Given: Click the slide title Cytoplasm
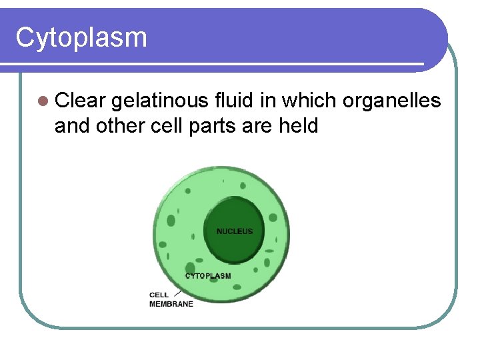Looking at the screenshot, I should (x=81, y=38).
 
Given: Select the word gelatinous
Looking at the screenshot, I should (x=160, y=101).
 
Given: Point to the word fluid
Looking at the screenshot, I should (x=231, y=101).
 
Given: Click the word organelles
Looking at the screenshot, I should (x=391, y=101).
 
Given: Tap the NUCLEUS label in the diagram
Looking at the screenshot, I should (x=235, y=231).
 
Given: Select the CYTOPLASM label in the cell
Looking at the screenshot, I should (x=208, y=276).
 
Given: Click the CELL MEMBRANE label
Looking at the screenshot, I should (x=171, y=299).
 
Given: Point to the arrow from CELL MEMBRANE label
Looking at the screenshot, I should (x=177, y=292).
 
